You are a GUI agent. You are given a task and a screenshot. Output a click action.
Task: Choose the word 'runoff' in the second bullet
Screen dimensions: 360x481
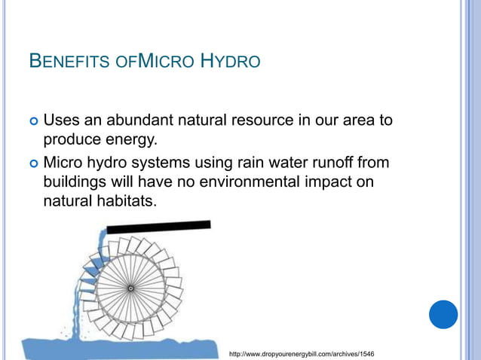336,161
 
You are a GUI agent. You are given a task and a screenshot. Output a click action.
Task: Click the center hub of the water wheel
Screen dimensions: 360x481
130,288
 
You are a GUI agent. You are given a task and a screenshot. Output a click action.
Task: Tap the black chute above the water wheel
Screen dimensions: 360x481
158,226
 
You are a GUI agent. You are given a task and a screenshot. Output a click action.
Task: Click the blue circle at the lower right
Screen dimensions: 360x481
443,314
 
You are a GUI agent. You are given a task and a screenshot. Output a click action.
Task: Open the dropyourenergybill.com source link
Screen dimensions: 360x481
301,353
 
